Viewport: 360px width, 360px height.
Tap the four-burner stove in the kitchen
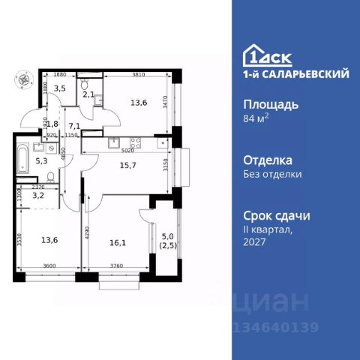[137, 142]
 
